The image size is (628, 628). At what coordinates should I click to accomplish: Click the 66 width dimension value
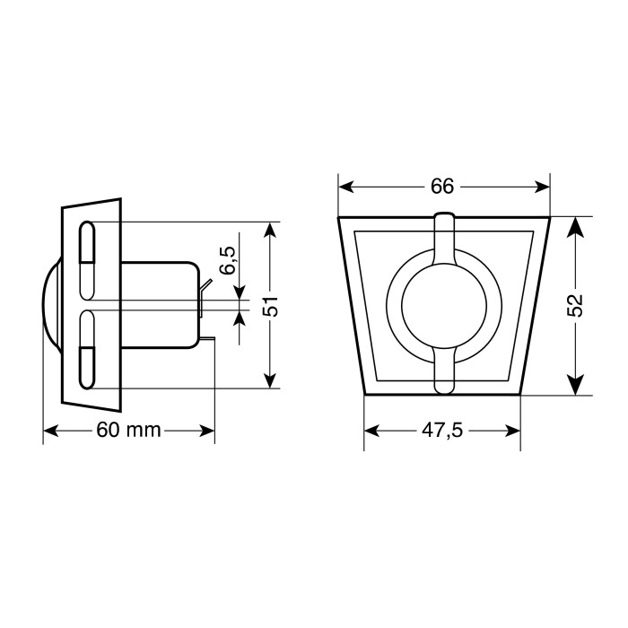click(442, 187)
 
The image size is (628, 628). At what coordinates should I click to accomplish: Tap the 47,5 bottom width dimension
click(441, 431)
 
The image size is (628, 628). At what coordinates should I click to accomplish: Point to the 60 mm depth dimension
click(128, 431)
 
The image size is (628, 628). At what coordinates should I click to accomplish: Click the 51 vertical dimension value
click(273, 305)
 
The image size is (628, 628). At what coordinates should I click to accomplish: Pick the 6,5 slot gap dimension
click(227, 261)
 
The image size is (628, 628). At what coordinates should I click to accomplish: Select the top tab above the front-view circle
click(444, 235)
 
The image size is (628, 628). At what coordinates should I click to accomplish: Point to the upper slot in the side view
click(88, 259)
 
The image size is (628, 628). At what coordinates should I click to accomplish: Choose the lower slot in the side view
click(88, 351)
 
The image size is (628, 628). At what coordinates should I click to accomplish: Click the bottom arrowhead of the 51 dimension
click(273, 379)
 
